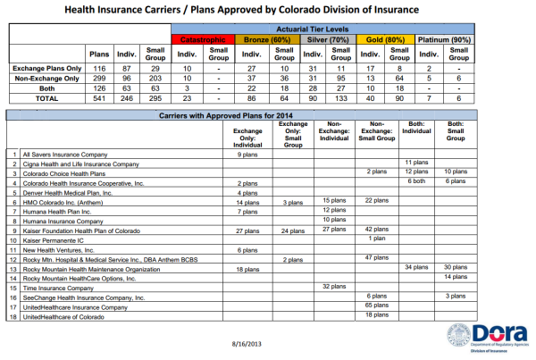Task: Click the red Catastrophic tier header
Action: coord(203,39)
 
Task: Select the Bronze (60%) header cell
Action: coord(267,39)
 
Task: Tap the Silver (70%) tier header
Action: coord(328,39)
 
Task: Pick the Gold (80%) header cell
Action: coord(385,39)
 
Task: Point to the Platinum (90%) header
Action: coord(444,39)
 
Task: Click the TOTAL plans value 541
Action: coord(99,98)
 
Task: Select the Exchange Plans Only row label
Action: coord(47,69)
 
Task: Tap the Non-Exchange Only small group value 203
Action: coord(155,79)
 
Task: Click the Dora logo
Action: coord(487,338)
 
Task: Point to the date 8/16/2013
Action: coord(247,344)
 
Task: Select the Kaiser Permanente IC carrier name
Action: coord(53,240)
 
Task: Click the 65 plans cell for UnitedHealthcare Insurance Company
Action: coord(377,306)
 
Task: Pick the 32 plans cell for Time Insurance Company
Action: coord(334,286)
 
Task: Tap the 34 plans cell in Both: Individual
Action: coord(416,267)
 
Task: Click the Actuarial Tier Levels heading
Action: coord(313,29)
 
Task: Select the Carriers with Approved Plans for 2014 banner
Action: coord(226,115)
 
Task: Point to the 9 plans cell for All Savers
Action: coord(247,155)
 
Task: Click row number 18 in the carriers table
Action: coord(13,317)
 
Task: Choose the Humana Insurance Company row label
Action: coord(63,222)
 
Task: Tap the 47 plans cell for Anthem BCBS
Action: coord(377,257)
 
